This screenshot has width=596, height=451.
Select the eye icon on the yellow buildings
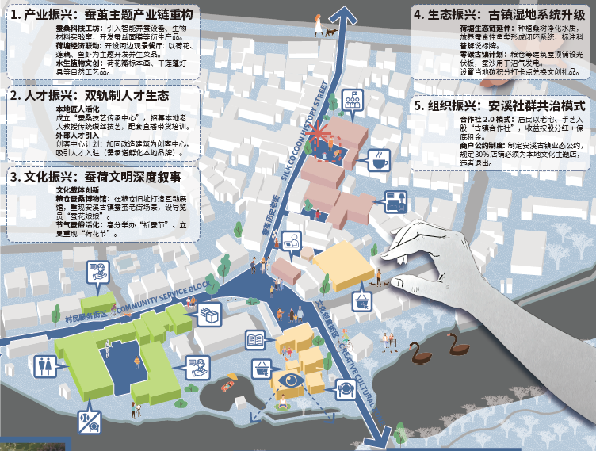(x=290, y=381)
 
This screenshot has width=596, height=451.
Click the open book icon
(x=255, y=341)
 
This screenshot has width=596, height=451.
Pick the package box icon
(x=209, y=315)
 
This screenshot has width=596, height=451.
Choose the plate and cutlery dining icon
(x=346, y=388)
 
